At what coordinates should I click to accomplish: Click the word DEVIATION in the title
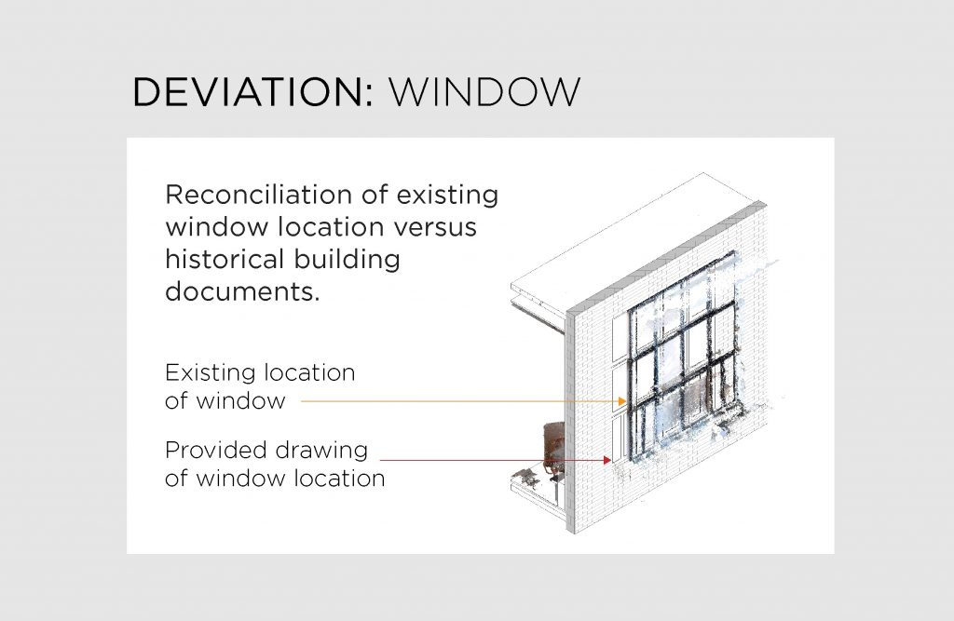click(248, 92)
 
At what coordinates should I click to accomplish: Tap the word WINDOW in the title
click(484, 92)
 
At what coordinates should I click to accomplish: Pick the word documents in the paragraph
click(242, 291)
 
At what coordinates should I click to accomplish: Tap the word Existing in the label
click(211, 372)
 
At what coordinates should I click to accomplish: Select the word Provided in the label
click(215, 450)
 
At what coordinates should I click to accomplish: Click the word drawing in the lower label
click(321, 452)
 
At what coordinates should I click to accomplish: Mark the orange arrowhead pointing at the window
click(621, 401)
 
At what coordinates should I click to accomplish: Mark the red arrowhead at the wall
click(606, 461)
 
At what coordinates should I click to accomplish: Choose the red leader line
click(496, 461)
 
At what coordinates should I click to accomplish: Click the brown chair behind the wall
click(554, 445)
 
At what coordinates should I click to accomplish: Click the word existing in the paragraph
click(447, 196)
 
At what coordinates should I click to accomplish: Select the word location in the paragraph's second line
click(331, 227)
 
